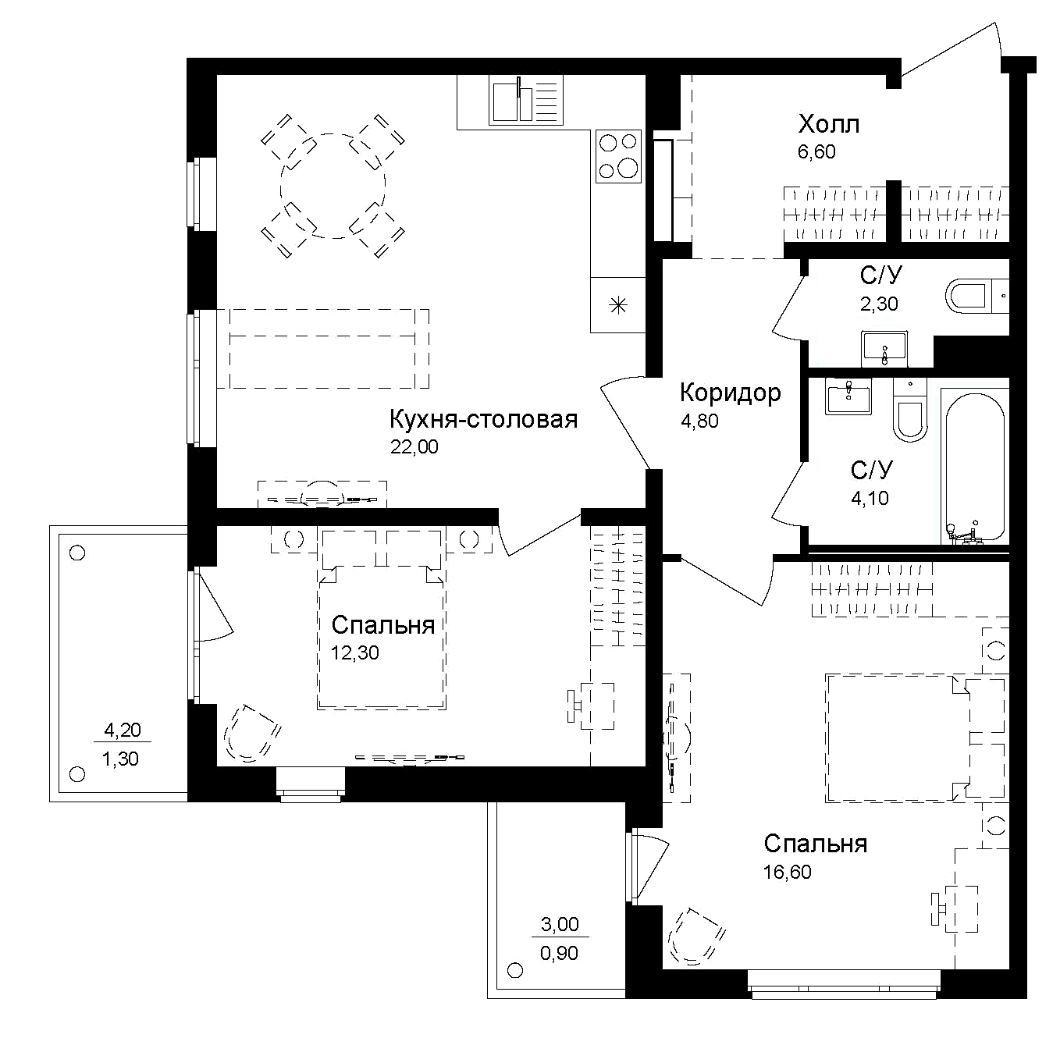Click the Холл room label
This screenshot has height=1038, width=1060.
828,124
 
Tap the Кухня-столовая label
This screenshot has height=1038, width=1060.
483,419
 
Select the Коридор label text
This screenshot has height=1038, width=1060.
730,393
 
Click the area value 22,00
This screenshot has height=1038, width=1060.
414,447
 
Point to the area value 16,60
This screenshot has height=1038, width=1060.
788,872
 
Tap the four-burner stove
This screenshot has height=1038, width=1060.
617,156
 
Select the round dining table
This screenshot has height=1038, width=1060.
333,186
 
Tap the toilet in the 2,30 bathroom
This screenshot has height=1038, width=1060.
972,297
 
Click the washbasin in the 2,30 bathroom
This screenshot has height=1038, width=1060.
884,348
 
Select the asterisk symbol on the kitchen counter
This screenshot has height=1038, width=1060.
617,305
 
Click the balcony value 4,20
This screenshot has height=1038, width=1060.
122,731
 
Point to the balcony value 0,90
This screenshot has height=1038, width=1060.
559,953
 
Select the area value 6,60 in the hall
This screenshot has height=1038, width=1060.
816,151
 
